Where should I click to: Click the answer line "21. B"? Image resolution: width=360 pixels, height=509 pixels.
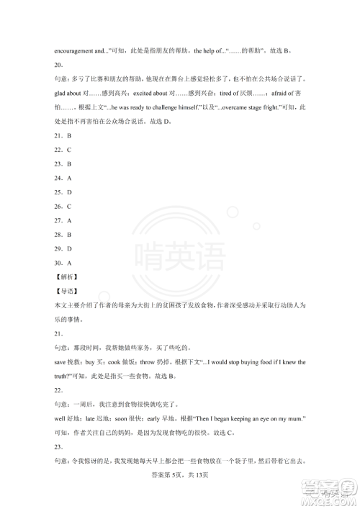click(62, 135)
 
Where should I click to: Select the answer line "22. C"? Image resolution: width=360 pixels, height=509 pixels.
click(62, 150)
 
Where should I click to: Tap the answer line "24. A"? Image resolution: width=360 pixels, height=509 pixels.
click(62, 178)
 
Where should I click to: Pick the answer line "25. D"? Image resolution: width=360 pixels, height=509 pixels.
click(62, 192)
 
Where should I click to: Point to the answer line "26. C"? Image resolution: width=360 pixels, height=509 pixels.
click(62, 206)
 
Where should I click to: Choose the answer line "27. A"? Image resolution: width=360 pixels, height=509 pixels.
click(62, 220)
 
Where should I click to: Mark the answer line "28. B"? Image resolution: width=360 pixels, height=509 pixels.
click(62, 234)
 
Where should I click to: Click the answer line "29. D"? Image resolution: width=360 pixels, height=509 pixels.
click(62, 248)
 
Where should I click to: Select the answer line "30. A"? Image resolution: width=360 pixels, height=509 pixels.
click(62, 262)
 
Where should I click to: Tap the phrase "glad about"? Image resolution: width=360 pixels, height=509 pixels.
click(68, 93)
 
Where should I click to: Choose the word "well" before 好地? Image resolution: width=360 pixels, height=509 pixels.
click(60, 418)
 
